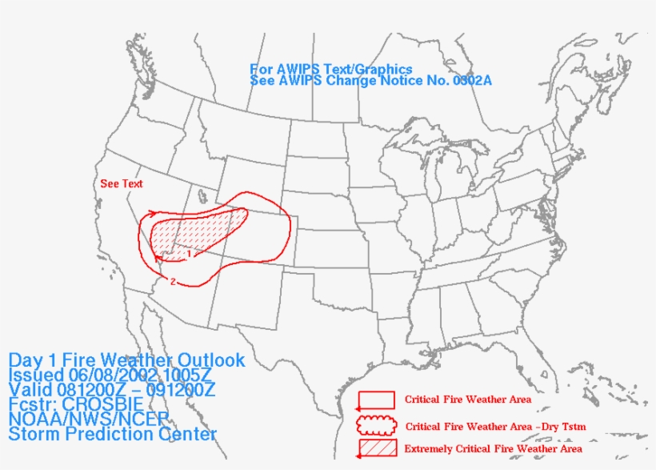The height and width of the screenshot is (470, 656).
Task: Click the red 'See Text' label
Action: (x=122, y=184)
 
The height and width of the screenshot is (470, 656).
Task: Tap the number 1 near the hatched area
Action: (x=189, y=254)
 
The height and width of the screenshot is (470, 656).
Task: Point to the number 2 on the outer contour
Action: (x=173, y=281)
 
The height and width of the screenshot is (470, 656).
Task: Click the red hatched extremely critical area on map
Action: (x=196, y=232)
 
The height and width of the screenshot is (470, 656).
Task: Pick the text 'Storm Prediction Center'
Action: (x=113, y=435)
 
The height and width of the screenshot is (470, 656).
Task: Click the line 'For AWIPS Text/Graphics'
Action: (x=331, y=70)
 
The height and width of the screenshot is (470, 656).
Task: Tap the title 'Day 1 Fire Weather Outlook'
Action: (x=127, y=360)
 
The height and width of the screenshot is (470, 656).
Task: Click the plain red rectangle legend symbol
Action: (x=376, y=399)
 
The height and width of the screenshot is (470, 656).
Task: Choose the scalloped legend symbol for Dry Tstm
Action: (x=376, y=424)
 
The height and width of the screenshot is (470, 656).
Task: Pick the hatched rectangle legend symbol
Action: (x=376, y=448)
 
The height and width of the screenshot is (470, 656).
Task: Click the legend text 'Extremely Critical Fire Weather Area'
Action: (x=494, y=449)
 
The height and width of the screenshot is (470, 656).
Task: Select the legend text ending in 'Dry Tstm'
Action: (x=496, y=427)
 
